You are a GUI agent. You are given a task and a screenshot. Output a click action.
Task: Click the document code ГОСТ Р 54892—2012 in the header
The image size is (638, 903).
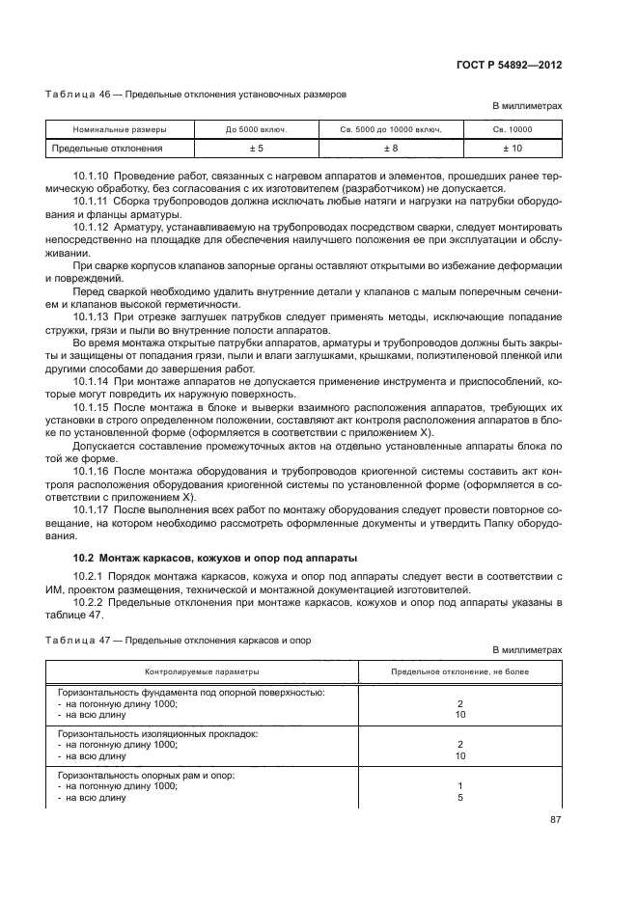[510, 64]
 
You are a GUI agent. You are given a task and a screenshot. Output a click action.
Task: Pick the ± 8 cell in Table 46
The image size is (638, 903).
[391, 149]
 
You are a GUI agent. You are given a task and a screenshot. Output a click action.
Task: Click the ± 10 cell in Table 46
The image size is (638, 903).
[513, 149]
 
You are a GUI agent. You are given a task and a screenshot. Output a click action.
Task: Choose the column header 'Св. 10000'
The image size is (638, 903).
[513, 129]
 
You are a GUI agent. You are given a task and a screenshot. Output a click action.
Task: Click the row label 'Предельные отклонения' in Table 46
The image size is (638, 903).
[107, 149]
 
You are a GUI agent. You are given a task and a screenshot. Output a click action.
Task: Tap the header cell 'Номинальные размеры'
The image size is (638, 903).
[120, 129]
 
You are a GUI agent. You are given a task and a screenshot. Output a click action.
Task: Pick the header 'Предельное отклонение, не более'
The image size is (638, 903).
[459, 671]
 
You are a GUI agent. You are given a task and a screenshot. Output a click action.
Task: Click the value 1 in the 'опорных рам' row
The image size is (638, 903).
[460, 786]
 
